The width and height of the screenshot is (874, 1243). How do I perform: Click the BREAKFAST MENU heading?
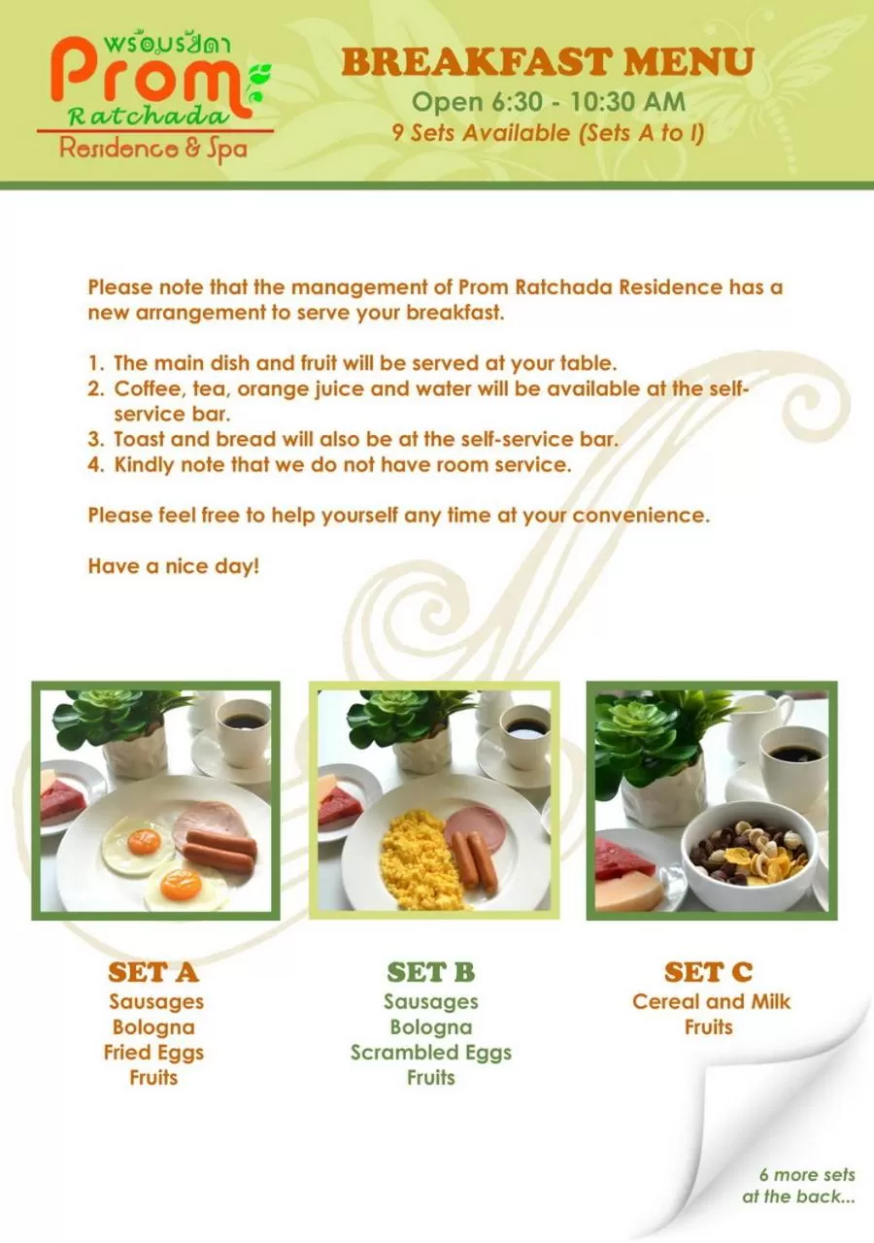click(x=548, y=62)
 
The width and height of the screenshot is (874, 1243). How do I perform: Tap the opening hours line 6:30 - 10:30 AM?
click(x=548, y=101)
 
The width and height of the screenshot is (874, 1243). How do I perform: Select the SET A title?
click(x=153, y=972)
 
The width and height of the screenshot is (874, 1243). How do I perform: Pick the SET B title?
click(x=430, y=972)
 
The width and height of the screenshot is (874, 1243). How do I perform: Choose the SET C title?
click(x=708, y=972)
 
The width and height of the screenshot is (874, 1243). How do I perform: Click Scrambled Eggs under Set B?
click(x=430, y=1053)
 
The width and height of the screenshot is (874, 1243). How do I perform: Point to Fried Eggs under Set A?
click(x=153, y=1053)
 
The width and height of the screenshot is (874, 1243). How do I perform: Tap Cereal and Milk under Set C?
click(x=711, y=1001)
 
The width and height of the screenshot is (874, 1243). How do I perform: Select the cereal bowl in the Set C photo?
click(x=748, y=855)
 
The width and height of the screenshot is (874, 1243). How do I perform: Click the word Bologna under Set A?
click(x=153, y=1027)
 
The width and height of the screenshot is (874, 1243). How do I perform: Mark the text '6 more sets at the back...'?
click(x=799, y=1186)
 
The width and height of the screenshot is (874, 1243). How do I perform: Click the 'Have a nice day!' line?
click(x=174, y=566)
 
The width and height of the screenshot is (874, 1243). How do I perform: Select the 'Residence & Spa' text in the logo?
click(x=153, y=149)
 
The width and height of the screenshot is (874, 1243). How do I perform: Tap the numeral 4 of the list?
click(x=95, y=464)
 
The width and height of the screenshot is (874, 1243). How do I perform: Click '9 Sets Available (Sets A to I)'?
click(x=548, y=133)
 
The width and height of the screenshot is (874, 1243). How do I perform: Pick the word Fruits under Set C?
click(x=708, y=1027)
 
